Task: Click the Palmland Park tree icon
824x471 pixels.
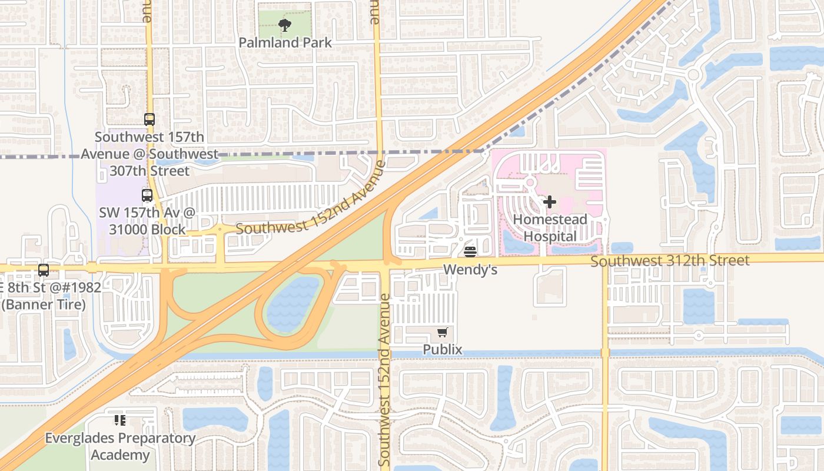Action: (x=285, y=25)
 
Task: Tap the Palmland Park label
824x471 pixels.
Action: (x=285, y=43)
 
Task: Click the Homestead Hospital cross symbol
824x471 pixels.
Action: (x=550, y=202)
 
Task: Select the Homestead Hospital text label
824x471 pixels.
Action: (x=550, y=228)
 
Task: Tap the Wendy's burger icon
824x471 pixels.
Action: (x=470, y=252)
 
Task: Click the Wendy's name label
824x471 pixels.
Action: (x=470, y=270)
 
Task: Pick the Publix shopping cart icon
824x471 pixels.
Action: (x=443, y=333)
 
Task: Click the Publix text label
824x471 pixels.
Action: (x=443, y=350)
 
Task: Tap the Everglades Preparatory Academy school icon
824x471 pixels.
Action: (x=120, y=420)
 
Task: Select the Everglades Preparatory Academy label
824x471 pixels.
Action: (x=121, y=447)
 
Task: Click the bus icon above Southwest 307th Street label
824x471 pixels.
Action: (x=149, y=120)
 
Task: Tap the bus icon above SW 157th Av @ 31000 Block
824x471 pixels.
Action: (x=147, y=195)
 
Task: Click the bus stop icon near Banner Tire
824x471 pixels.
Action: (x=44, y=270)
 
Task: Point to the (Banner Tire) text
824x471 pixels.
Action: (x=44, y=304)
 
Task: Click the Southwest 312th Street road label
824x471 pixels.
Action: (x=670, y=260)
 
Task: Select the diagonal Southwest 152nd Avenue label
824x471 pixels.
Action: (x=311, y=198)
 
